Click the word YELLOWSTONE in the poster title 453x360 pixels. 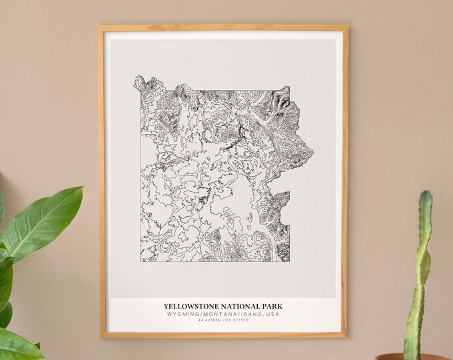[x=189, y=307]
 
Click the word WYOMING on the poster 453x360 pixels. [x=185, y=314]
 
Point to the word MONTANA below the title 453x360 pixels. [x=218, y=314]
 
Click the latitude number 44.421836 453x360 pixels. [x=210, y=320]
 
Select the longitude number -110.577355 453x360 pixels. [x=235, y=320]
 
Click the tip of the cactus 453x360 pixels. [x=424, y=195]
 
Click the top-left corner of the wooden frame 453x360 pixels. [x=100, y=27]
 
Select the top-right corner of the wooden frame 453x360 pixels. [x=346, y=27]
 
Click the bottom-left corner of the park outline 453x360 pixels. [x=141, y=260]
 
